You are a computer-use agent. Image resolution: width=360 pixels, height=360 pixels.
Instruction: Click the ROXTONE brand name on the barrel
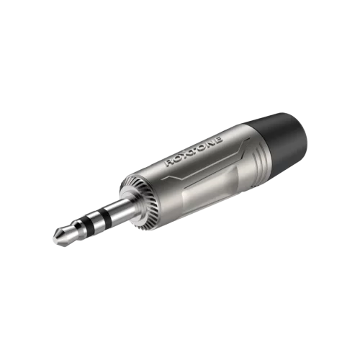[194, 152]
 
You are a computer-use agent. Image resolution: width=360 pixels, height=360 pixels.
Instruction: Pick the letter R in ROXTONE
[169, 163]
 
